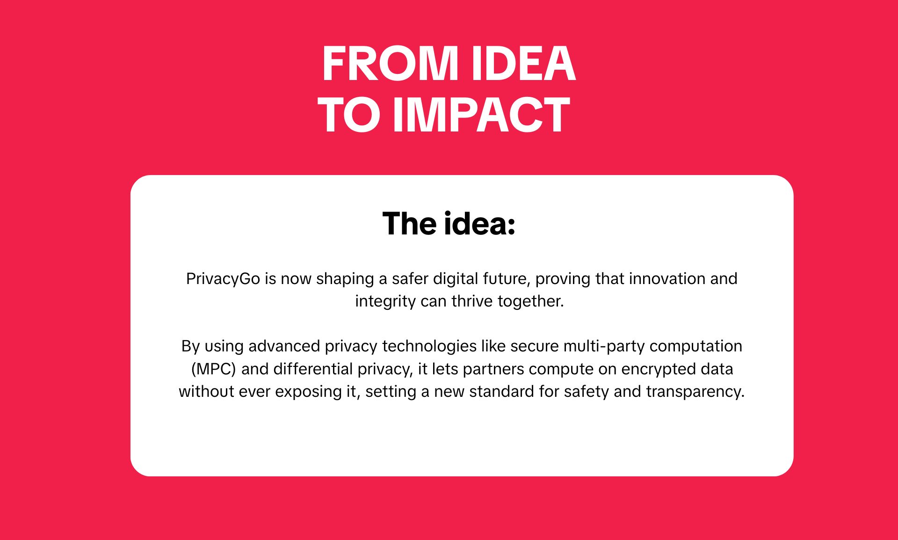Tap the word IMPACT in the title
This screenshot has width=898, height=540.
pos(481,115)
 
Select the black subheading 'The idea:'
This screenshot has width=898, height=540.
pos(449,224)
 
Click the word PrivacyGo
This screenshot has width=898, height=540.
pos(223,279)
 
